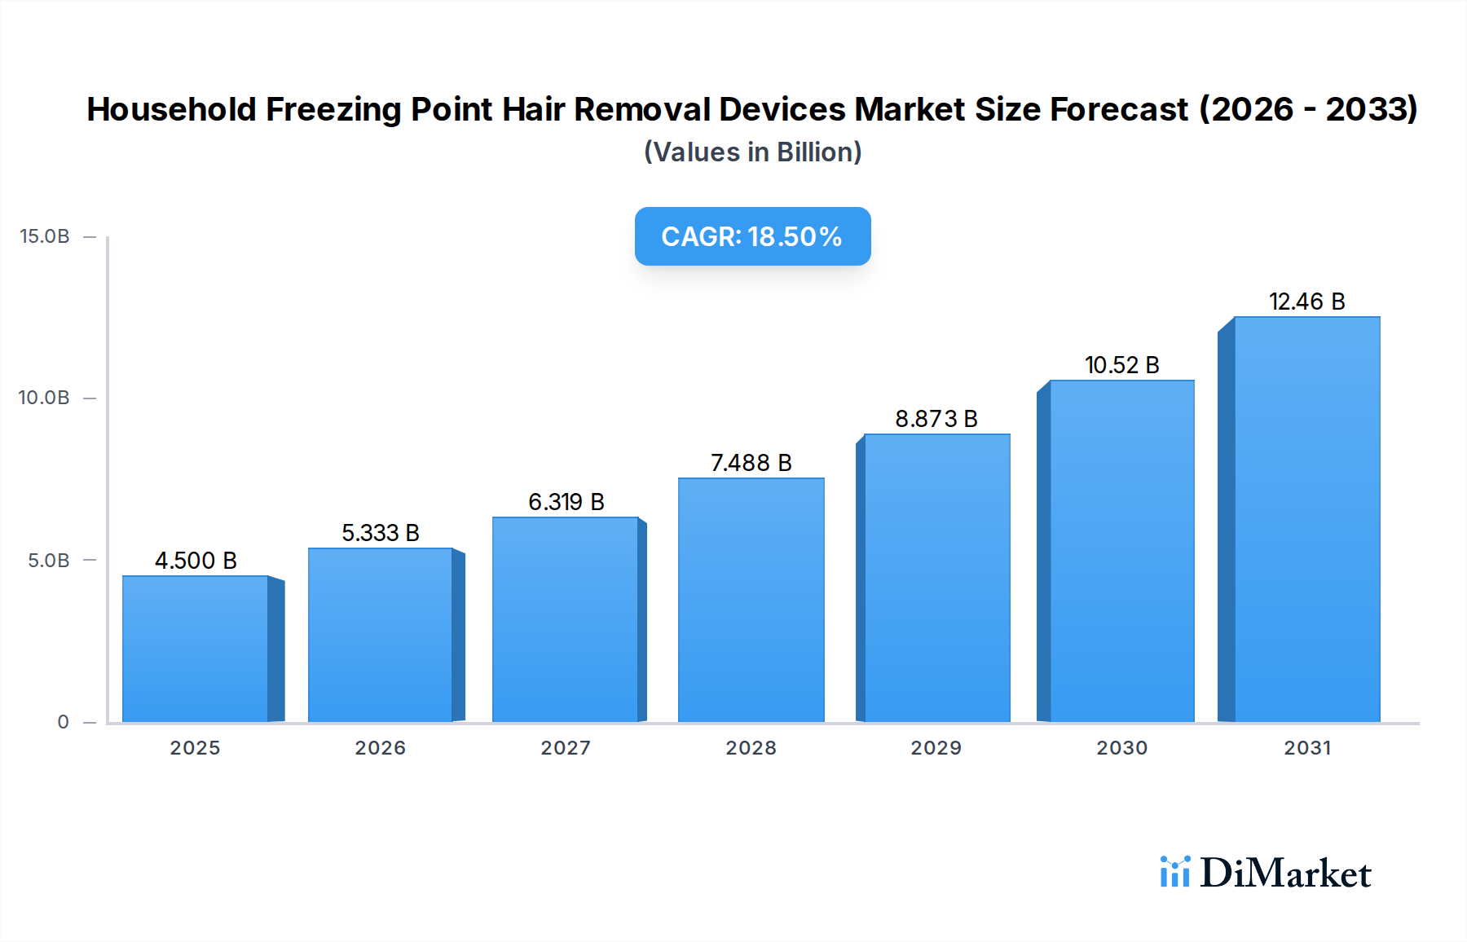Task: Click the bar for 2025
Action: click(x=196, y=649)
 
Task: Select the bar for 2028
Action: click(x=751, y=600)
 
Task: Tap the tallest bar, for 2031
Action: click(x=1306, y=519)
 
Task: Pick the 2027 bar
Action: click(x=565, y=619)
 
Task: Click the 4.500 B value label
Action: click(x=196, y=561)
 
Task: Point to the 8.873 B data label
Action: click(x=936, y=419)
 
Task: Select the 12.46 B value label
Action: click(x=1306, y=302)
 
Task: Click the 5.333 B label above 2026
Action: click(x=380, y=533)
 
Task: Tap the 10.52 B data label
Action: click(x=1121, y=365)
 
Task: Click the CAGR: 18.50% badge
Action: click(x=752, y=236)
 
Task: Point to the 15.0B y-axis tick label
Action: click(x=45, y=236)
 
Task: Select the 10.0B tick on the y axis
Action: click(x=44, y=398)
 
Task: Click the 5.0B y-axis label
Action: click(x=49, y=561)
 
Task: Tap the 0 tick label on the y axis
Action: click(x=64, y=722)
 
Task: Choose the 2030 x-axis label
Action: click(x=1121, y=748)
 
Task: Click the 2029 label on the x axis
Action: click(x=936, y=748)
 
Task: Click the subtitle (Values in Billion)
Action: click(x=752, y=152)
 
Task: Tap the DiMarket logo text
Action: click(x=1285, y=874)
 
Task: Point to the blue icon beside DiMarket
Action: click(x=1174, y=872)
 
